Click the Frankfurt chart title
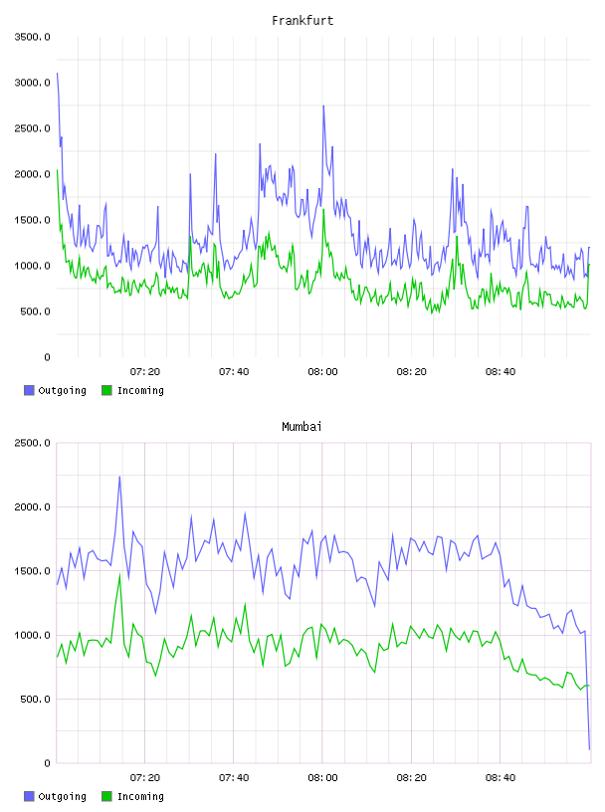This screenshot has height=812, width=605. point(302,20)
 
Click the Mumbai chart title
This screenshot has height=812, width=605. point(302,426)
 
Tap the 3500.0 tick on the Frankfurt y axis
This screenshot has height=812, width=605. point(33,37)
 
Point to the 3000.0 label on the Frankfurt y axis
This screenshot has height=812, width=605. point(33,83)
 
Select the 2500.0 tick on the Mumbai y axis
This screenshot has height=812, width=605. point(33,443)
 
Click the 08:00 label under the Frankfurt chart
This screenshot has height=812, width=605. point(322,372)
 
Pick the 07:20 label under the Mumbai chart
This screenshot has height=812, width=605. point(145,778)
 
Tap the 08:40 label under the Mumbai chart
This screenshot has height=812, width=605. point(501,778)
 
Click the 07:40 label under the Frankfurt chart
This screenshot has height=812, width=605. point(234,372)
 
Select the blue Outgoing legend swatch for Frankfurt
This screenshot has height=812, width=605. point(29,390)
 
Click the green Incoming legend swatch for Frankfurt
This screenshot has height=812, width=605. point(106,390)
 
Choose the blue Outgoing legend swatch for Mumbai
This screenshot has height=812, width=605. point(29,796)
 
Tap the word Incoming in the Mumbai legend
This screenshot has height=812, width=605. point(140,796)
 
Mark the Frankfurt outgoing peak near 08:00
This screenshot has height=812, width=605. point(323,105)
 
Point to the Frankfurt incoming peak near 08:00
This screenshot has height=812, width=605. point(323,209)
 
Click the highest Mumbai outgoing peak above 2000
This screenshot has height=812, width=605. point(119,477)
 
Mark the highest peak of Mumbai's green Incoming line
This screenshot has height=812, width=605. point(119,574)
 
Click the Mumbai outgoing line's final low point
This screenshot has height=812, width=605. point(589,749)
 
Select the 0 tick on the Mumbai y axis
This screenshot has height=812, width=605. point(47,763)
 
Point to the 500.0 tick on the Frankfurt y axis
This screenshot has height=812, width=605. point(35,311)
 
